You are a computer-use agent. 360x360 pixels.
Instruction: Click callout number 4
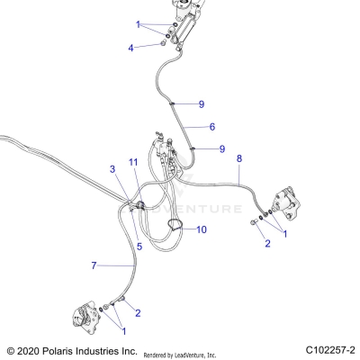tap(130, 47)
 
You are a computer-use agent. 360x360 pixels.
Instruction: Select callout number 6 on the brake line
tap(212, 127)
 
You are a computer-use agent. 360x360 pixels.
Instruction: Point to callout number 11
tap(132, 161)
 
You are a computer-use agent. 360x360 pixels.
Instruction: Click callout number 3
tap(112, 169)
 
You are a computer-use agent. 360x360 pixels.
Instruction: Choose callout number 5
tap(139, 246)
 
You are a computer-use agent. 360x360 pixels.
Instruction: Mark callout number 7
tap(93, 265)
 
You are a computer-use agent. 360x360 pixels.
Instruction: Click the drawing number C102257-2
tap(330, 349)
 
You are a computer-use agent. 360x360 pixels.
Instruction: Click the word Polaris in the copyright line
tap(63, 349)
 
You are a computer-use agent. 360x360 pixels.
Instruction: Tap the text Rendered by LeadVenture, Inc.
tap(192, 355)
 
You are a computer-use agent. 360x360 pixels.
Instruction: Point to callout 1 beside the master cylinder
tap(139, 24)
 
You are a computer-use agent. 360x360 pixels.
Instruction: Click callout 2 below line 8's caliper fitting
tap(266, 243)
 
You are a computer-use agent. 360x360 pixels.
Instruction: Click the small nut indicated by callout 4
tap(159, 41)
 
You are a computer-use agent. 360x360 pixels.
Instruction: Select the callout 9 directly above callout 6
tap(202, 104)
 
